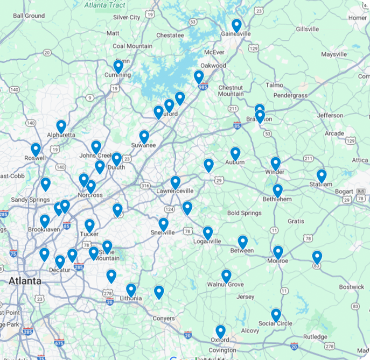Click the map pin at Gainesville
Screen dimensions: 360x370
pyautogui.click(x=236, y=25)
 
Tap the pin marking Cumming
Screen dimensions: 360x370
pyautogui.click(x=118, y=67)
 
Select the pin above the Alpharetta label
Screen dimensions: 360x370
pyautogui.click(x=61, y=126)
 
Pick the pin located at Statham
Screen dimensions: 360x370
pyautogui.click(x=322, y=176)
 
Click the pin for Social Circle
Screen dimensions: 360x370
pyautogui.click(x=276, y=315)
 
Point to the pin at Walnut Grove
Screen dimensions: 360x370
pyautogui.click(x=226, y=276)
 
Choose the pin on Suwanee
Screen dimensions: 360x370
pyautogui.click(x=144, y=137)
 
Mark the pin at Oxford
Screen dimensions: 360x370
pyautogui.click(x=220, y=331)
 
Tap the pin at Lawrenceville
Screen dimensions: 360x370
pyautogui.click(x=176, y=182)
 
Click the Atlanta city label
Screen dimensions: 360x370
pyautogui.click(x=24, y=281)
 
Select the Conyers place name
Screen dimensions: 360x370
pyautogui.click(x=164, y=318)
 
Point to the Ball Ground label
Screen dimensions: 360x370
pyautogui.click(x=29, y=16)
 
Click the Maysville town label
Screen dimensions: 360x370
pyautogui.click(x=334, y=54)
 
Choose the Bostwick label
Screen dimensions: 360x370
pyautogui.click(x=352, y=287)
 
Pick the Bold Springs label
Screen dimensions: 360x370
pyautogui.click(x=244, y=213)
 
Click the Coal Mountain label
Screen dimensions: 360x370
pyautogui.click(x=132, y=46)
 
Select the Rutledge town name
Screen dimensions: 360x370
pyautogui.click(x=314, y=337)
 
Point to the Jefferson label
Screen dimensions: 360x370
pyautogui.click(x=330, y=115)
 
